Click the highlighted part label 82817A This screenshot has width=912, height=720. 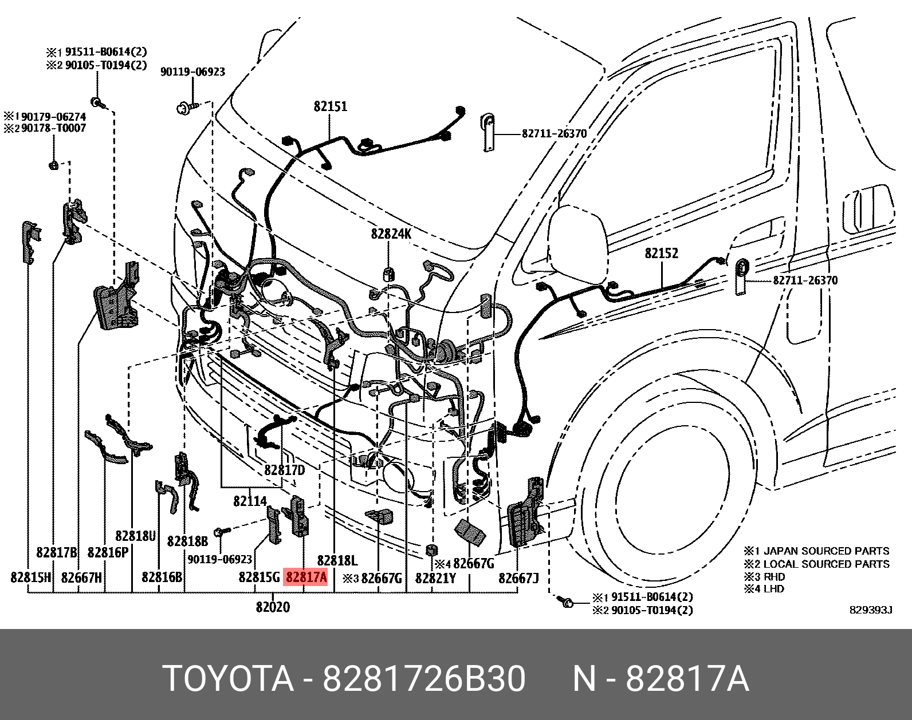point(306,577)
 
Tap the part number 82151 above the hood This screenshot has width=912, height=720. point(330,106)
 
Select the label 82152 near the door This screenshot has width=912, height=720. point(661,253)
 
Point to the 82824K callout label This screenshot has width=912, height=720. point(391,234)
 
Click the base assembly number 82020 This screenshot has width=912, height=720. point(273,607)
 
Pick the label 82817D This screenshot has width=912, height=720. point(284,470)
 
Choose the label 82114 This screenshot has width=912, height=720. point(250,501)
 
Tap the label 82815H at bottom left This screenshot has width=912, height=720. point(31,577)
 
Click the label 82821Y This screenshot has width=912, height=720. point(435,577)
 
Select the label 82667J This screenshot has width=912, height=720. point(518,577)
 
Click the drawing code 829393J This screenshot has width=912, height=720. point(871,610)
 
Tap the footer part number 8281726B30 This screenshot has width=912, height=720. point(424,679)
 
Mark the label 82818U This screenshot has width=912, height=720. point(136,536)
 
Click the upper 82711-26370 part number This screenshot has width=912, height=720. point(554,133)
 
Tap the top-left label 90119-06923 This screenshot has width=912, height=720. point(192,72)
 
